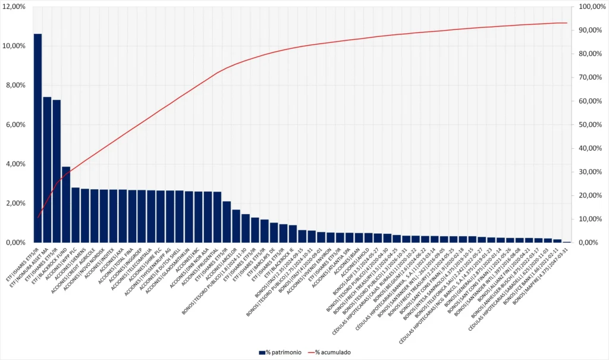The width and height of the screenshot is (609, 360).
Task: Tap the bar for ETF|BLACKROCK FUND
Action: (66, 205)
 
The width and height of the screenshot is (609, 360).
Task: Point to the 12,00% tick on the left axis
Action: (14, 7)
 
